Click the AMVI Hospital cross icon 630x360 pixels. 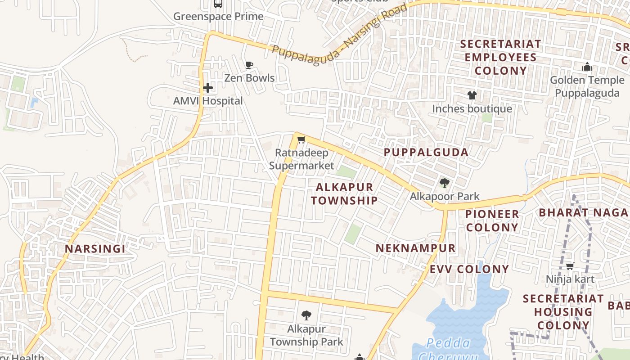click(x=207, y=87)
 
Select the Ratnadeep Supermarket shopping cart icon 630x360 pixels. click(x=301, y=139)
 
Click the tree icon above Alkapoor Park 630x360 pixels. click(x=445, y=183)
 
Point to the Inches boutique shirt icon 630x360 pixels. click(x=472, y=95)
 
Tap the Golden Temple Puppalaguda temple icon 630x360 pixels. click(x=587, y=67)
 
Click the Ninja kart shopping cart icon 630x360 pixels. click(x=570, y=266)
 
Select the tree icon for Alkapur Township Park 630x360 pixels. click(x=306, y=315)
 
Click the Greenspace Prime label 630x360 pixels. click(x=218, y=17)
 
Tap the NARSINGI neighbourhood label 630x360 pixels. click(x=95, y=249)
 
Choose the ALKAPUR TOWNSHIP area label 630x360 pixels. click(x=344, y=194)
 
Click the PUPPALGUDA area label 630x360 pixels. click(x=426, y=152)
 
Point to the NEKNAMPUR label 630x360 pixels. click(x=415, y=248)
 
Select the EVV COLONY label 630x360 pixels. click(x=469, y=270)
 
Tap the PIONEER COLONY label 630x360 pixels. click(x=492, y=220)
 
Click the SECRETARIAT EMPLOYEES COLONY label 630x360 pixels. click(x=501, y=58)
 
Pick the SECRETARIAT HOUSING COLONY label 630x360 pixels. click(x=563, y=311)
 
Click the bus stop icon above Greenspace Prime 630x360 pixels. click(x=218, y=4)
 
